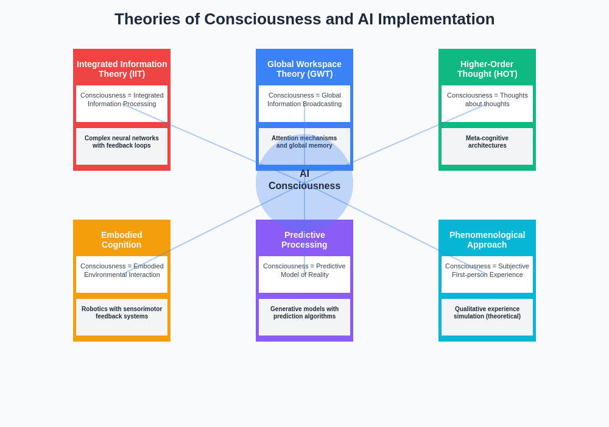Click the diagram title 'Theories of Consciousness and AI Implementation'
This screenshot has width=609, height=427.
click(304, 19)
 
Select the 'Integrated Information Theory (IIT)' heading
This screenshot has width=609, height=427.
click(122, 69)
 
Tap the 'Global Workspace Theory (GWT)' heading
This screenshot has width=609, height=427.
click(304, 69)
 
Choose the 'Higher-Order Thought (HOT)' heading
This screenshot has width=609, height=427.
click(487, 69)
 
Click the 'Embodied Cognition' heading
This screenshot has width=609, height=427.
click(122, 240)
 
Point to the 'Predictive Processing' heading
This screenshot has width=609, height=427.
click(304, 240)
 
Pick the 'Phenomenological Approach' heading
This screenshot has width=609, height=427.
click(487, 240)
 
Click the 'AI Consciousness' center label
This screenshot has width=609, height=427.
click(304, 180)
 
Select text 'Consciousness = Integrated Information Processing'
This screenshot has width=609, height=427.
click(122, 99)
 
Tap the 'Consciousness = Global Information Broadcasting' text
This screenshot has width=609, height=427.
click(304, 99)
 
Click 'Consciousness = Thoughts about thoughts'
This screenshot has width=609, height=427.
click(487, 99)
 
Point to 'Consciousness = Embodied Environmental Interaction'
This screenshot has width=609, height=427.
click(122, 270)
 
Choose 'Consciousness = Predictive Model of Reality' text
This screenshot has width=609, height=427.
click(304, 270)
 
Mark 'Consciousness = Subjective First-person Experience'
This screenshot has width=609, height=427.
click(487, 270)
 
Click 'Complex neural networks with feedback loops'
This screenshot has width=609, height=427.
click(122, 142)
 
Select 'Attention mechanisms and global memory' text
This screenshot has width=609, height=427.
click(304, 142)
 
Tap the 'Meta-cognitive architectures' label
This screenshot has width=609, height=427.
click(487, 142)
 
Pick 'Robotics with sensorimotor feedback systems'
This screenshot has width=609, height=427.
click(122, 312)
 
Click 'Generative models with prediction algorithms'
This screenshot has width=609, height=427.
click(304, 312)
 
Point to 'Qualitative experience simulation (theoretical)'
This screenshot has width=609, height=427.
click(487, 312)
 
